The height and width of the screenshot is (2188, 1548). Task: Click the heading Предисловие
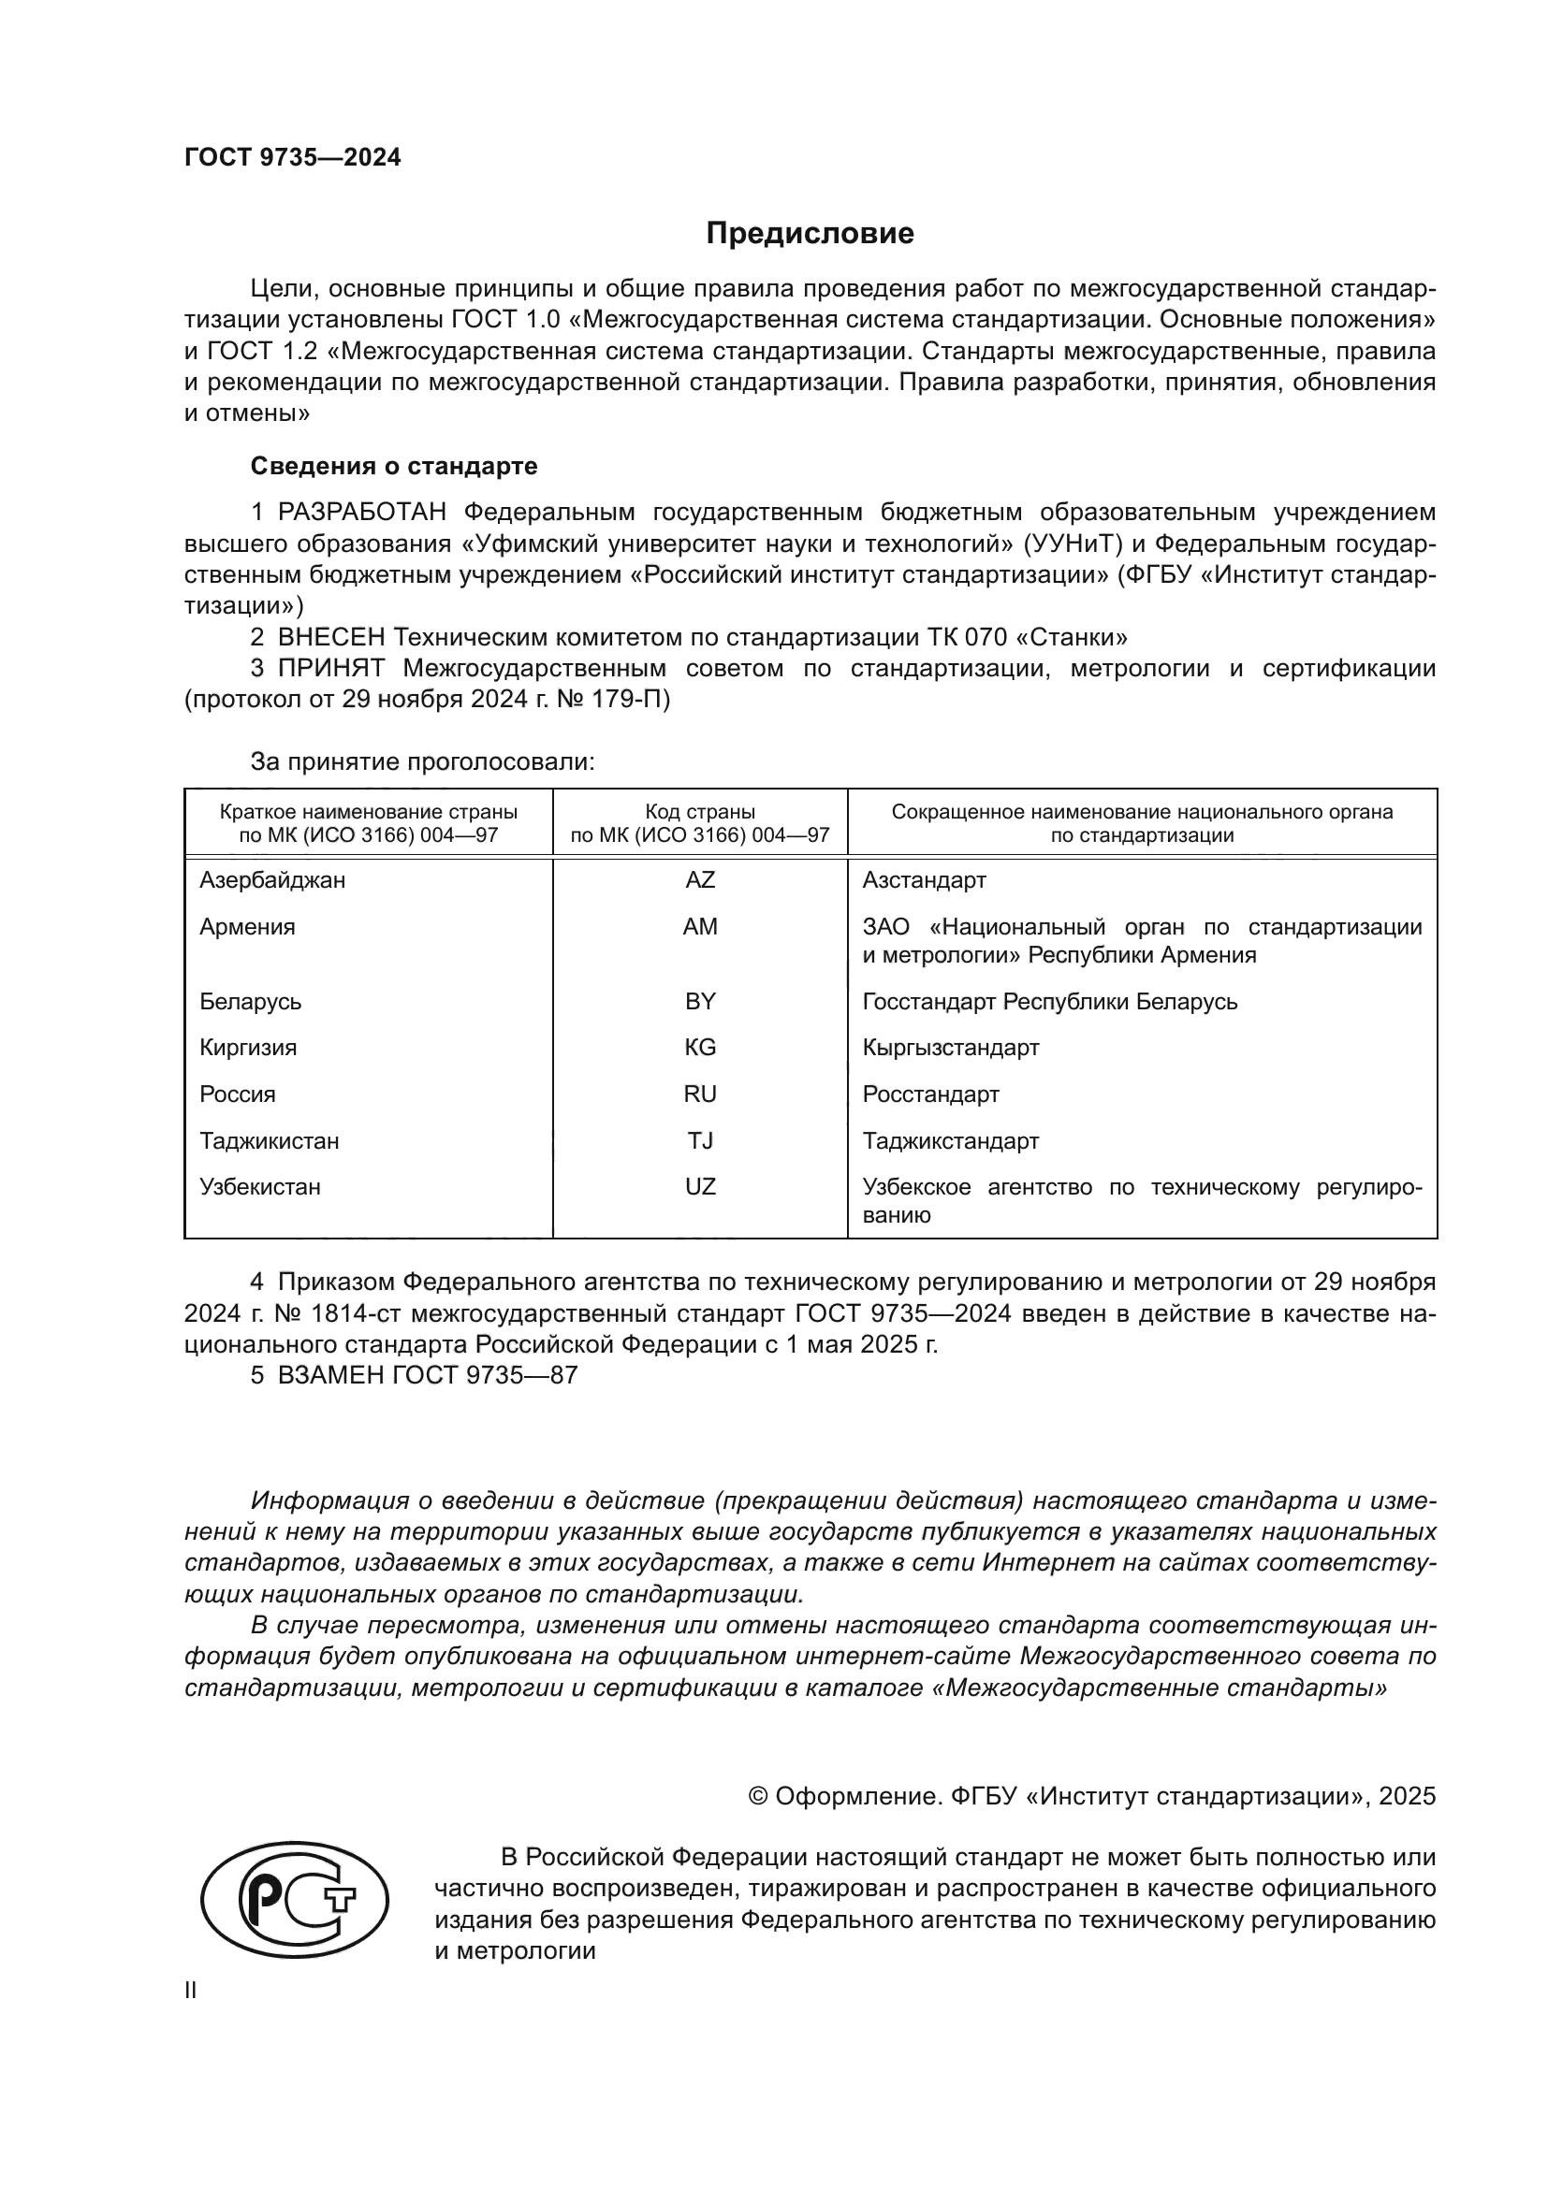click(810, 234)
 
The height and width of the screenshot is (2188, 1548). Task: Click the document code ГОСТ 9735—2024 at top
click(293, 157)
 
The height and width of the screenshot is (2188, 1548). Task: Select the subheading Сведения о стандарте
click(394, 466)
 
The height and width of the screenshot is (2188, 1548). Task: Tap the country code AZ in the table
click(700, 879)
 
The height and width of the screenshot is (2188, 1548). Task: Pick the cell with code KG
click(700, 1048)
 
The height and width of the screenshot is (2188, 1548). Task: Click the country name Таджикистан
click(269, 1140)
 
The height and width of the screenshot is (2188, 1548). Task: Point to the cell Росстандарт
click(930, 1094)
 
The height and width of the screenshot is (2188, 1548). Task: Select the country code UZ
click(700, 1186)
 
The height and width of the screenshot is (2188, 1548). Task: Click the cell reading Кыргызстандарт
click(950, 1048)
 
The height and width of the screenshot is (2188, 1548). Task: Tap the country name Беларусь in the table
click(250, 1002)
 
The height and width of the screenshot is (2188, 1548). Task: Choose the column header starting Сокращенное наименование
click(1142, 823)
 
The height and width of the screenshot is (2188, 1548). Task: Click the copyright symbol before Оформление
click(759, 1796)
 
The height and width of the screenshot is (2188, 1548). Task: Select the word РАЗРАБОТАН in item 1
click(362, 512)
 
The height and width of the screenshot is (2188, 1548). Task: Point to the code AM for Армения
click(700, 926)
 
